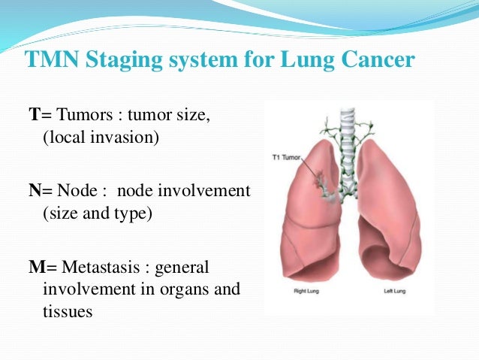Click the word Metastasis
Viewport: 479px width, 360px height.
click(x=101, y=267)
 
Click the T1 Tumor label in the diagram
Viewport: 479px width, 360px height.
click(x=287, y=159)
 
